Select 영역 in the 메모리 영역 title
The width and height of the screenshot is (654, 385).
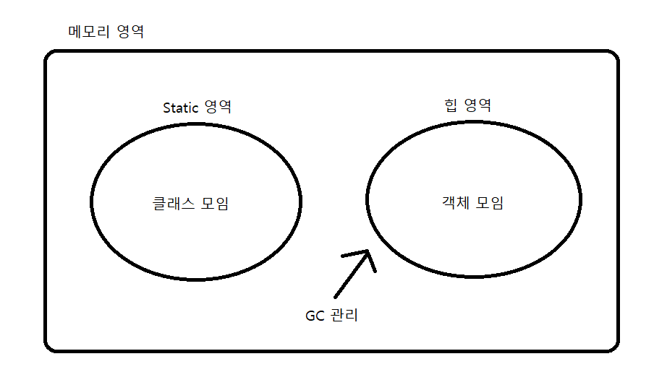130,32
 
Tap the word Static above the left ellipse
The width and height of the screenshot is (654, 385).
181,108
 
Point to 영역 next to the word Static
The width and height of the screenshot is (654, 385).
218,108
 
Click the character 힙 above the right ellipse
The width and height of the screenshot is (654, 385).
451,105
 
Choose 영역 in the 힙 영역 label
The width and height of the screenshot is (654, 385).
477,105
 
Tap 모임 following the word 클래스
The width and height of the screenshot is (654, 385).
214,204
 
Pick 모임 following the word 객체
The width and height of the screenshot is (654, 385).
490,203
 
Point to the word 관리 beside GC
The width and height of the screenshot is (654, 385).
346,316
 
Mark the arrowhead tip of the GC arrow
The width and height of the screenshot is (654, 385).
369,251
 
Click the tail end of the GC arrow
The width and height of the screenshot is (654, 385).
336,296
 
